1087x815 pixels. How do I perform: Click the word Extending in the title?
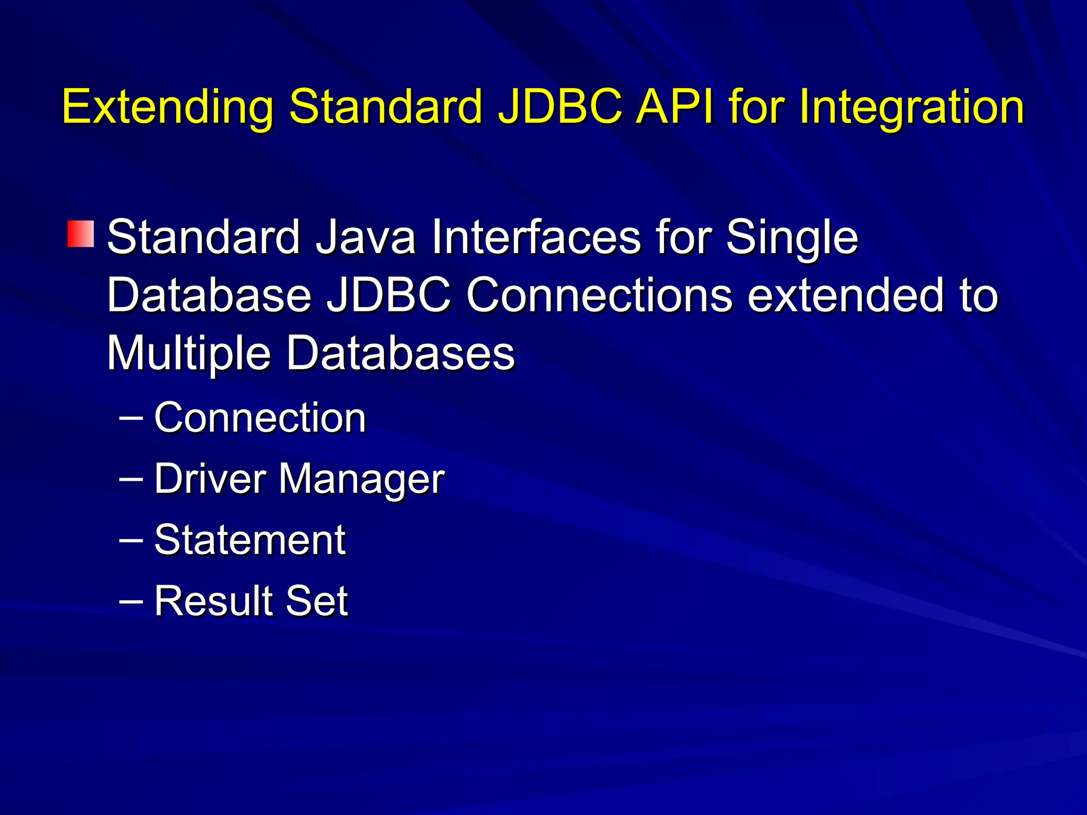168,108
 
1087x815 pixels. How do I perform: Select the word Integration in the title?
911,108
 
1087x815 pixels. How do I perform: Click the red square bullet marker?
81,234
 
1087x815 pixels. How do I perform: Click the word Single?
791,238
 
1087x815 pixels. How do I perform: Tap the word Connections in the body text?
599,296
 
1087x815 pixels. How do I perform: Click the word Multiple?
189,354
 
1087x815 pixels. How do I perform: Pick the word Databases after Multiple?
401,353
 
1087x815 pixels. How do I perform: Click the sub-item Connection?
260,418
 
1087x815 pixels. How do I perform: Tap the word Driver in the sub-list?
210,479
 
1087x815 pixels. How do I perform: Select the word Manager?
361,480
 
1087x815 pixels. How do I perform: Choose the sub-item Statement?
250,540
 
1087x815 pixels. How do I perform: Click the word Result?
213,601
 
